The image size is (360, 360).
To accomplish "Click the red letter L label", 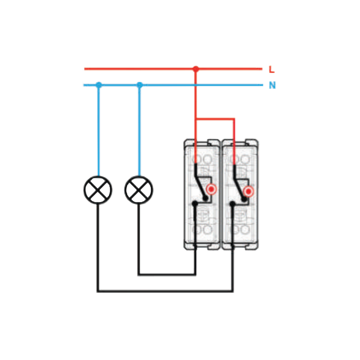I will point(271,70).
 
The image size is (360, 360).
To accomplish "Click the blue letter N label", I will point(272,85).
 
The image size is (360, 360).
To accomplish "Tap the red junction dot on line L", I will point(195,69).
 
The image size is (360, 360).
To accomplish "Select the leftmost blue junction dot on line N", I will point(99,85).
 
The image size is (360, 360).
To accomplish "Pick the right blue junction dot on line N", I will point(139,85).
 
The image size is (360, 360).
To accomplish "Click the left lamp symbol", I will point(98,190).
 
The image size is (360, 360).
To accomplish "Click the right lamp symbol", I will point(139,190).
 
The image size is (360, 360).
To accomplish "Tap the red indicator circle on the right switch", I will point(248,192).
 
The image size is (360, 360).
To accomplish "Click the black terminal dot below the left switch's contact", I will point(195,204).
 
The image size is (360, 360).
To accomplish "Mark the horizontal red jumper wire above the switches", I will point(215,119).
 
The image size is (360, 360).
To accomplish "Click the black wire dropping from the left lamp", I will point(98,247).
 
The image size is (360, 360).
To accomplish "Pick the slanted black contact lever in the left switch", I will point(199,183).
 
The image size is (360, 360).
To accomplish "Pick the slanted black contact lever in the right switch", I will point(238,183).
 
